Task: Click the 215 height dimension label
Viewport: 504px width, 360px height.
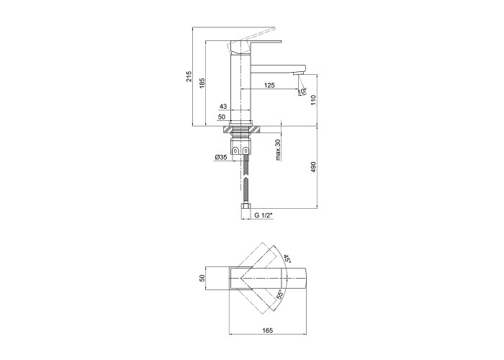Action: (x=189, y=76)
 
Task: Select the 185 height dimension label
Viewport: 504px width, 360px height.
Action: (x=202, y=83)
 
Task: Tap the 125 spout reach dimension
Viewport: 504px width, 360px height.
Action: (x=269, y=85)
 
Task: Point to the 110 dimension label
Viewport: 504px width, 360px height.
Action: (x=314, y=100)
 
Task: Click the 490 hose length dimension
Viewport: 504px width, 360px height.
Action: (x=314, y=167)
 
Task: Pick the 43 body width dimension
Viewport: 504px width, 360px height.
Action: (x=223, y=106)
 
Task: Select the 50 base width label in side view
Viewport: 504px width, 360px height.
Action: (x=222, y=117)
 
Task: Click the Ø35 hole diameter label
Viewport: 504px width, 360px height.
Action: (x=221, y=157)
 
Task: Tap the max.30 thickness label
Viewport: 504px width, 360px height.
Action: (x=279, y=150)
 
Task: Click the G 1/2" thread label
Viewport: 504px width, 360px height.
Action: (x=264, y=215)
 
